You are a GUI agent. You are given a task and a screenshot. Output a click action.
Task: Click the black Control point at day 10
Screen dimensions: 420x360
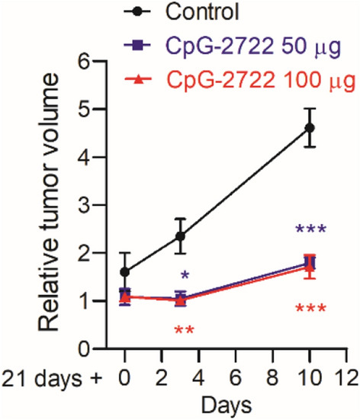pos(310,127)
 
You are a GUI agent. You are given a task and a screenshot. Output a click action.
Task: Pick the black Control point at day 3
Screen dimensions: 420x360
pos(181,236)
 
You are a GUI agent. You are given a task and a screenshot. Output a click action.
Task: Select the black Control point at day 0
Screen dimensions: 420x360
pos(125,271)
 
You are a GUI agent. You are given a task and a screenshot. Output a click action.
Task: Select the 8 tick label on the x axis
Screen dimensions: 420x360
pos(272,379)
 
